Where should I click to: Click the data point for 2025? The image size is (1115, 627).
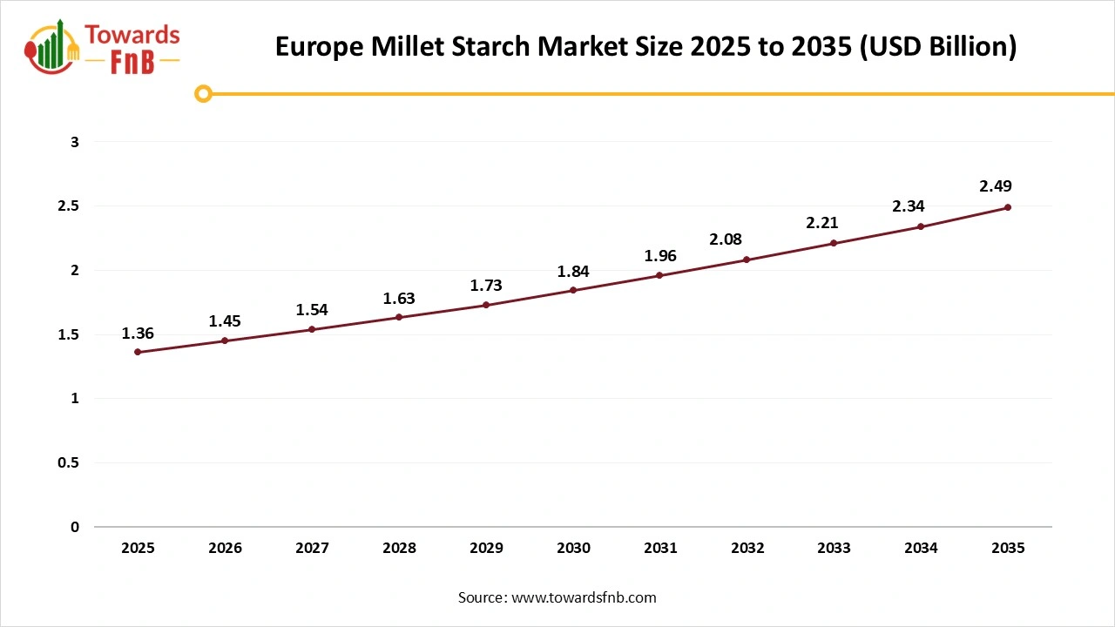coord(138,352)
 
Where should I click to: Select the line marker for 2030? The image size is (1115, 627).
coord(573,290)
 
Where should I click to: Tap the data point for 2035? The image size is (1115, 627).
coord(1008,207)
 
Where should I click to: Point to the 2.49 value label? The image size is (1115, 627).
coord(996,185)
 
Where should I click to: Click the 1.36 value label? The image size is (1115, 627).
coord(138,333)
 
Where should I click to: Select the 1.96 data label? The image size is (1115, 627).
coord(660,255)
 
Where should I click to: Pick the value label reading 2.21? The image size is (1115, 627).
coord(821,223)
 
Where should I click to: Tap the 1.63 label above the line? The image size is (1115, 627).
coord(399,298)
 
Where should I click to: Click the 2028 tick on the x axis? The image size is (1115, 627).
coord(399,548)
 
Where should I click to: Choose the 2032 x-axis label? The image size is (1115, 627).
coord(747,548)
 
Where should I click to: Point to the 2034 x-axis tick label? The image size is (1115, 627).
coord(921,548)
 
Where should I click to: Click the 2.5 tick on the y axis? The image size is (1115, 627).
coord(68,206)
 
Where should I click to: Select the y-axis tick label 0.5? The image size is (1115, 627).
coord(68,462)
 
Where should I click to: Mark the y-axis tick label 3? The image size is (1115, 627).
coord(75,142)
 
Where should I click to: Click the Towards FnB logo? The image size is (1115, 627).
coord(103,48)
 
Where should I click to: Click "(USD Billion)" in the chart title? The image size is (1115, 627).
coord(937,46)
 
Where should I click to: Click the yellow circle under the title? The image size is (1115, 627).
coord(203,93)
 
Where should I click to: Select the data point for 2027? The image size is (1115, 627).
coord(312,329)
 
